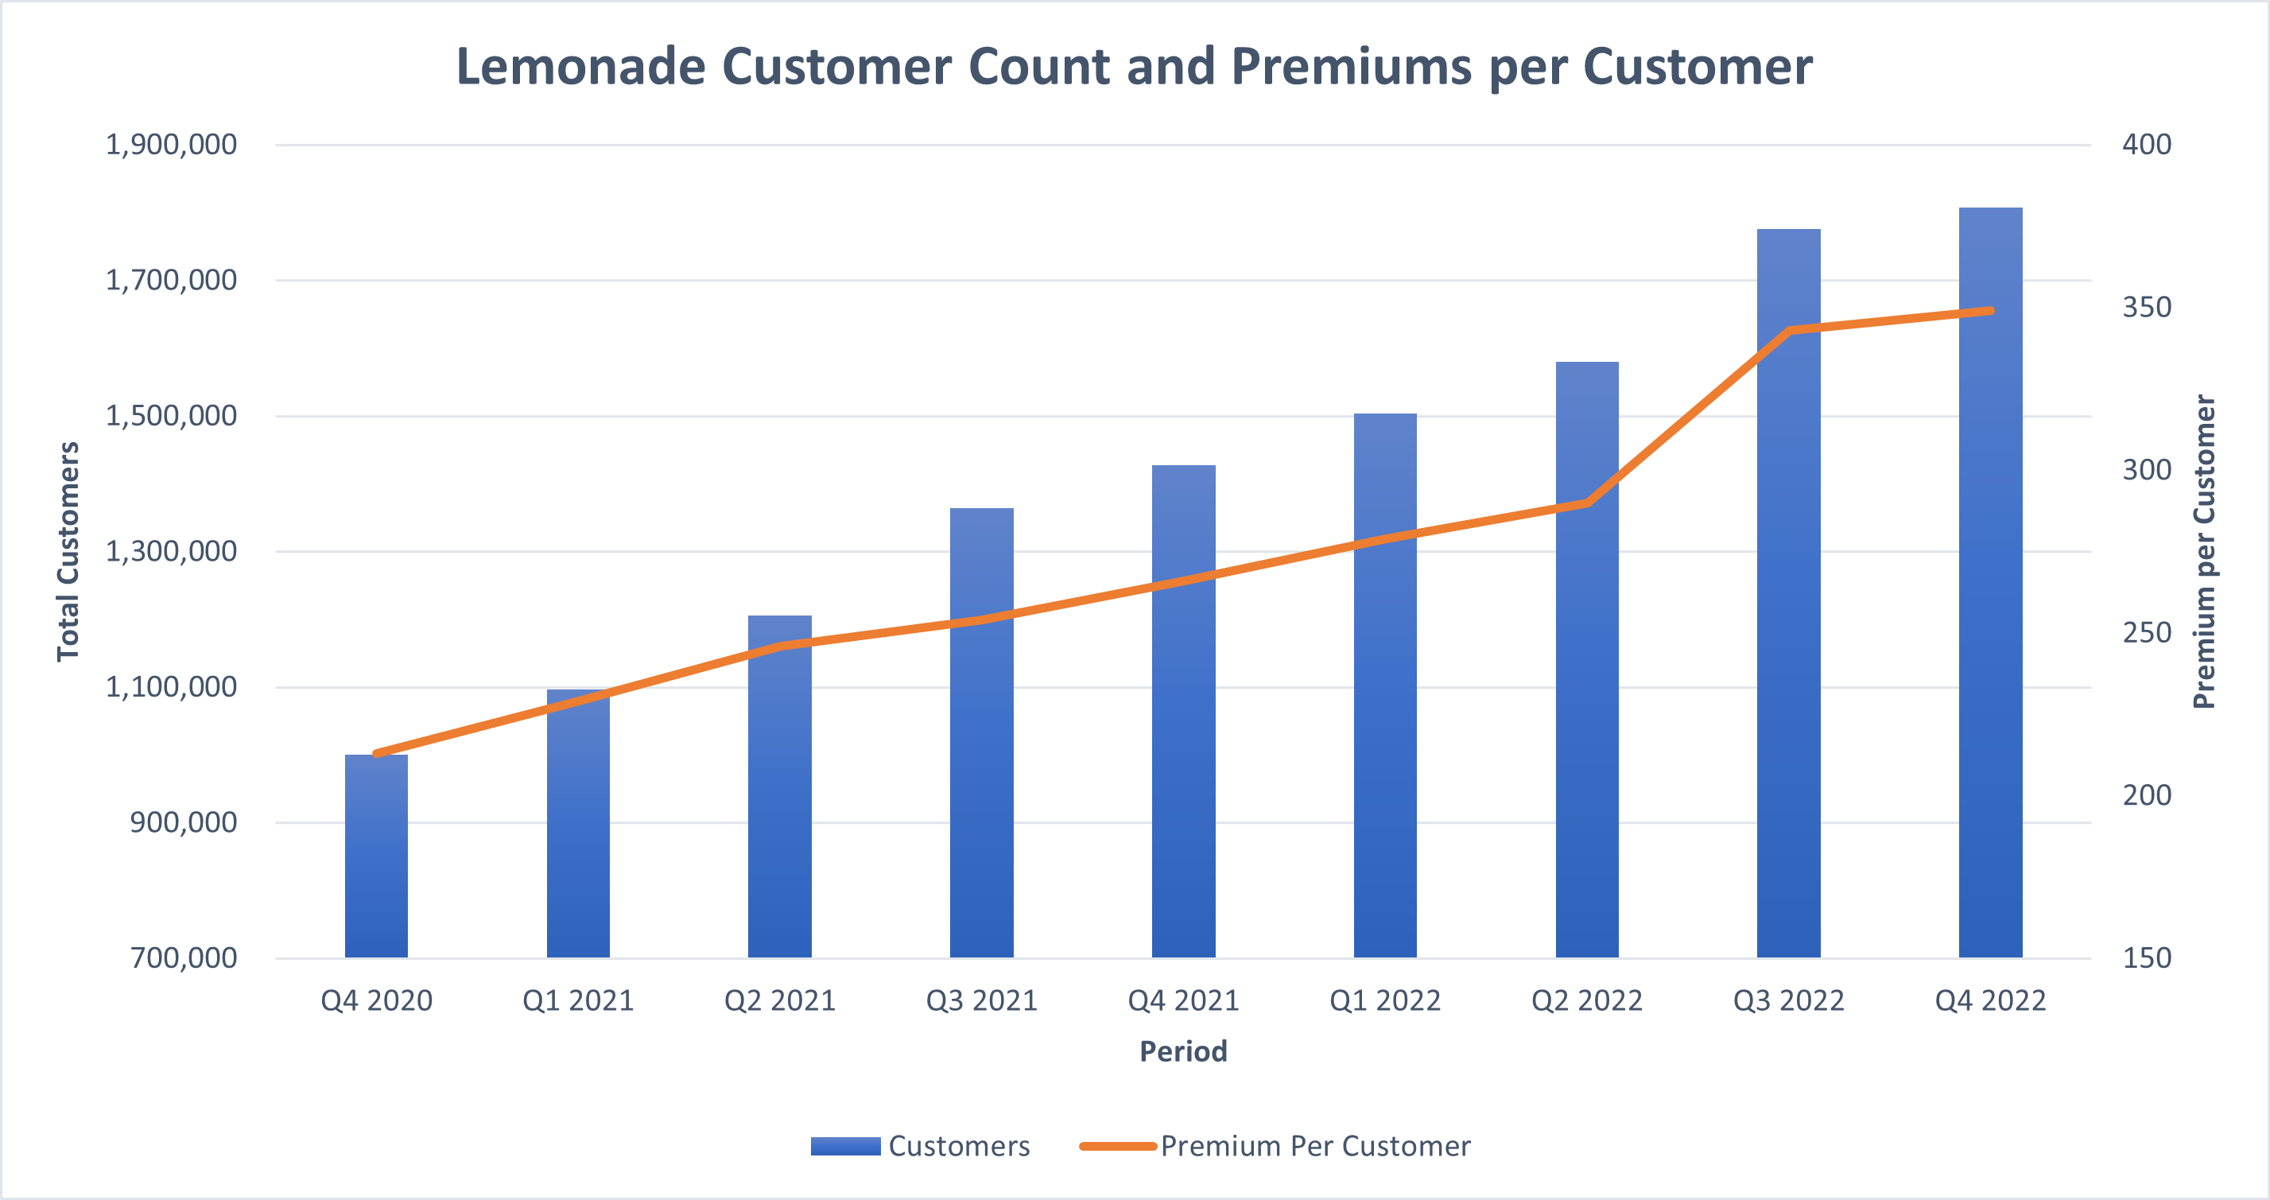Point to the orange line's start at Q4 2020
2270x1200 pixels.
[x=377, y=753]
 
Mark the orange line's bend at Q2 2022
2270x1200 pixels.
[x=1587, y=503]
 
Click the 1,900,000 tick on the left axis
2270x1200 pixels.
[x=171, y=145]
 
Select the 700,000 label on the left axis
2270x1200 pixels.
[x=184, y=957]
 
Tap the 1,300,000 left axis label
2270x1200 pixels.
[x=171, y=552]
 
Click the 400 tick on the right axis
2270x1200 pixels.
[x=2147, y=145]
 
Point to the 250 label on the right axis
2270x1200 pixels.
[x=2147, y=632]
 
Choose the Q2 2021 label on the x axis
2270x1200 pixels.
[x=780, y=1001]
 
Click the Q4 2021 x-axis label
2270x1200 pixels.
[x=1183, y=1001]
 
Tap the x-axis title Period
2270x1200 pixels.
[x=1183, y=1051]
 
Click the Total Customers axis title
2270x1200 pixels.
[x=68, y=552]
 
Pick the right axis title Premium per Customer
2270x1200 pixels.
[x=2203, y=552]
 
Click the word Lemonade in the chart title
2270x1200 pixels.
[x=580, y=67]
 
